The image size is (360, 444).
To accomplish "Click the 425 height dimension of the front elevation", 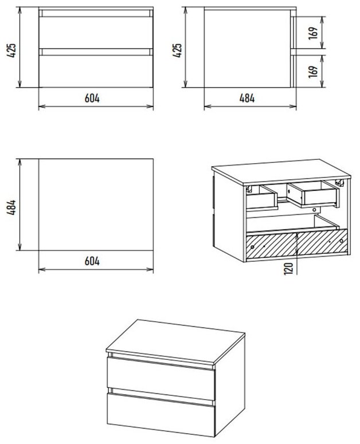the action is click(x=12, y=50).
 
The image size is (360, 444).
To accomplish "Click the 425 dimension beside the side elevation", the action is click(x=177, y=50).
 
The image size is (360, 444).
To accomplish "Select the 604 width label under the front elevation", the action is click(x=92, y=99).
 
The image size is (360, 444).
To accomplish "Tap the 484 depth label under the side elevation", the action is click(x=247, y=99).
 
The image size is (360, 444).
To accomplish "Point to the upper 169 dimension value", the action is click(x=313, y=33).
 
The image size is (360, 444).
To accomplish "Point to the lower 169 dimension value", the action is click(x=313, y=72).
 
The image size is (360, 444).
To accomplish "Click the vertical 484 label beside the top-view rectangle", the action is click(x=12, y=207).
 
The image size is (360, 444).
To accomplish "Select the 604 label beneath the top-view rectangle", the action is click(x=92, y=261).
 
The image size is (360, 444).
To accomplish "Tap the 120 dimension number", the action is click(x=288, y=269).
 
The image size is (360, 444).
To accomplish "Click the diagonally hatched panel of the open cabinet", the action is click(x=297, y=244).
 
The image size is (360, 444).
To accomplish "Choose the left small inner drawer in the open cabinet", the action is click(x=261, y=197).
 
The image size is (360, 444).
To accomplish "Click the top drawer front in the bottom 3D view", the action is click(x=161, y=378).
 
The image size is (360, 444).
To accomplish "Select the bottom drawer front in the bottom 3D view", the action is click(x=161, y=415).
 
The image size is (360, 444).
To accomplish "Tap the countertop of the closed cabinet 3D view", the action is click(x=175, y=342).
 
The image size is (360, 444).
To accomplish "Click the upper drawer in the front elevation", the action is click(x=96, y=32).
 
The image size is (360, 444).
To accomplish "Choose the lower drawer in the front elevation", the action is click(x=96, y=71).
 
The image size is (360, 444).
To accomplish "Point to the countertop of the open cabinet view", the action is click(x=281, y=172).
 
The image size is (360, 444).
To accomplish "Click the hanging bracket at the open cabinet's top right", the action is click(x=339, y=183).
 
